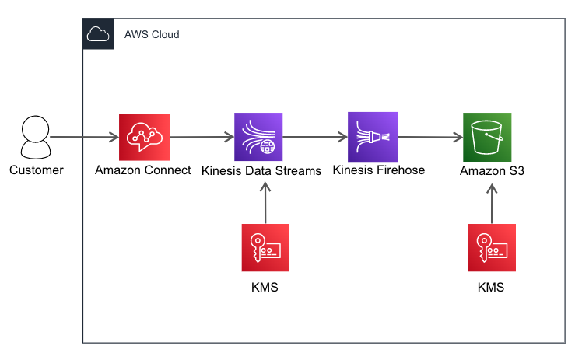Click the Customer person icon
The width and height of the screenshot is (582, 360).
click(36, 138)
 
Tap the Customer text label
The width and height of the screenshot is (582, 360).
click(36, 170)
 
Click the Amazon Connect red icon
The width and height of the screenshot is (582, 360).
click(143, 137)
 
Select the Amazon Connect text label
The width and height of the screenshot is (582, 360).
click(143, 170)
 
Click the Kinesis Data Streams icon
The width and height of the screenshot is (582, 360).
click(259, 137)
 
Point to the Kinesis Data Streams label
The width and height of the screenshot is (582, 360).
click(261, 171)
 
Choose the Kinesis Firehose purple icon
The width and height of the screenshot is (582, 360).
click(373, 137)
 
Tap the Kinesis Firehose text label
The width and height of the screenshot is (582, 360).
click(378, 170)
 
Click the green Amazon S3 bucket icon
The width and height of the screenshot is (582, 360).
click(487, 138)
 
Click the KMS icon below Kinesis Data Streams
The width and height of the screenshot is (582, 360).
click(265, 248)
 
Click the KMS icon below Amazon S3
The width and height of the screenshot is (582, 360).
click(491, 248)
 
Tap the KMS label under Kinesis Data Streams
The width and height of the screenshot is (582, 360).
click(265, 288)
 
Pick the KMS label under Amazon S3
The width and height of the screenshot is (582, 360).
click(491, 288)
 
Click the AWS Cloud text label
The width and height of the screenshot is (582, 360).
click(152, 35)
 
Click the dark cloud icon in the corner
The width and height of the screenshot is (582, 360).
click(98, 35)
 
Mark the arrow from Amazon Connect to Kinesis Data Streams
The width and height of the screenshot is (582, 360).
click(201, 138)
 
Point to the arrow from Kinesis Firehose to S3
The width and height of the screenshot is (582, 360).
click(429, 138)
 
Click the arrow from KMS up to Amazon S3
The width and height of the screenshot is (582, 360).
click(491, 204)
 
